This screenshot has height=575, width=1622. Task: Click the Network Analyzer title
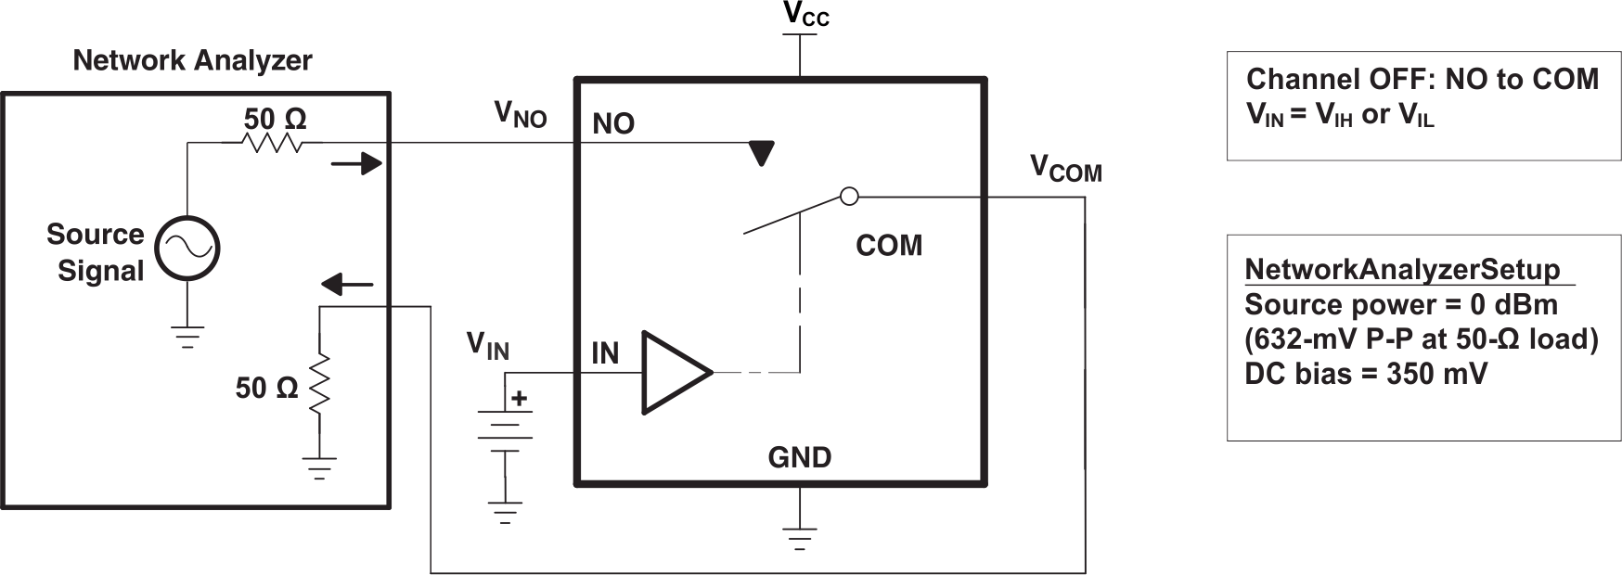point(192,61)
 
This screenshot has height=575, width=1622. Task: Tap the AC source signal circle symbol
point(187,248)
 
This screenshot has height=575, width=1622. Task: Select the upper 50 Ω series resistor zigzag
point(272,142)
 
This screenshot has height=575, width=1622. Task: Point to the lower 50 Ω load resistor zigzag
point(319,386)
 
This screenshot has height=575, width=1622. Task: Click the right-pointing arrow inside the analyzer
point(357,164)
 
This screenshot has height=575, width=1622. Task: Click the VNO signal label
point(520,114)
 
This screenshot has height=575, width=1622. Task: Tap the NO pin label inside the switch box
point(613,123)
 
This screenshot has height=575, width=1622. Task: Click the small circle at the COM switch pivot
point(848,196)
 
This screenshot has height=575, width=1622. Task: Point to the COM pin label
point(888,246)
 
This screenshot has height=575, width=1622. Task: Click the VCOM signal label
point(1065,169)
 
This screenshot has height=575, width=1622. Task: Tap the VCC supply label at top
point(805,15)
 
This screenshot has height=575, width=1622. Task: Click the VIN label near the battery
point(487,346)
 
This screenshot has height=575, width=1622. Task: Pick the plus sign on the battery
point(519,399)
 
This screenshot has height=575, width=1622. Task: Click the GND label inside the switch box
point(799,457)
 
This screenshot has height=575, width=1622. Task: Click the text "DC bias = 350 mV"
point(1365,374)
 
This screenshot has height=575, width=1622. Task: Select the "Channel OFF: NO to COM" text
point(1422,80)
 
